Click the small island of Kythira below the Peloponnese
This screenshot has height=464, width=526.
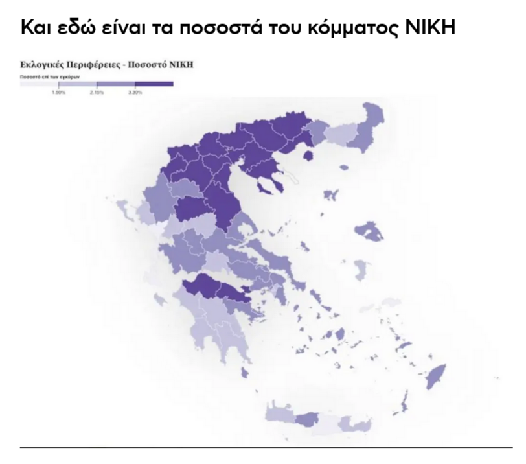[244, 373]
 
